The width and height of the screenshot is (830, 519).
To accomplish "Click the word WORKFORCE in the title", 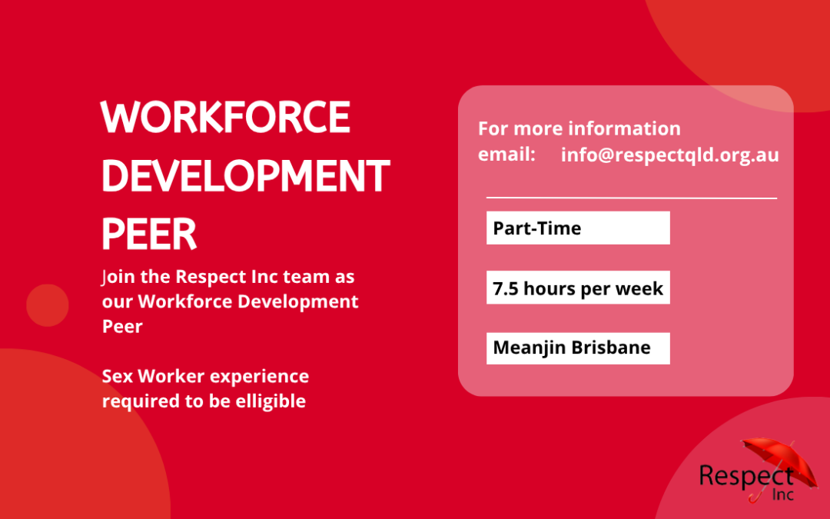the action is click(x=225, y=117).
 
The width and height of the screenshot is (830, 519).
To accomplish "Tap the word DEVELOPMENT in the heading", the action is click(x=246, y=176).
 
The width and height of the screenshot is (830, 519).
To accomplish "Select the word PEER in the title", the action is click(x=149, y=234).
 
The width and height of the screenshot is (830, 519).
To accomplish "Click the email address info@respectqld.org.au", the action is click(x=669, y=155).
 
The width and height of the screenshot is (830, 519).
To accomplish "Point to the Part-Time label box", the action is click(x=578, y=228).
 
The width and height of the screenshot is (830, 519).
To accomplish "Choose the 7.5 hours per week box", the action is click(x=578, y=288).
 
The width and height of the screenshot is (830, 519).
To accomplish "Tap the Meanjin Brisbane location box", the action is click(x=578, y=348).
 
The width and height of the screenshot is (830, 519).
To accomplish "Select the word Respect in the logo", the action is click(x=746, y=476).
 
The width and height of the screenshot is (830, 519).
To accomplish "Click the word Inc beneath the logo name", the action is click(x=783, y=494).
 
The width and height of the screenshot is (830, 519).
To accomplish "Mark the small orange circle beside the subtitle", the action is click(x=48, y=305).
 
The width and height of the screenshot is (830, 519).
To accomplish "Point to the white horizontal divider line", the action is click(x=632, y=198).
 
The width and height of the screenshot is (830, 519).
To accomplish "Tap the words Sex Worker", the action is click(x=153, y=376).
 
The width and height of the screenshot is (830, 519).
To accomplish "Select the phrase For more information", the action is click(x=579, y=128).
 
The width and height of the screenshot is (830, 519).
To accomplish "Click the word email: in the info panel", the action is click(x=506, y=154).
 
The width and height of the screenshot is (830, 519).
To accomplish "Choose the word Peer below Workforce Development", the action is click(x=122, y=326).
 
